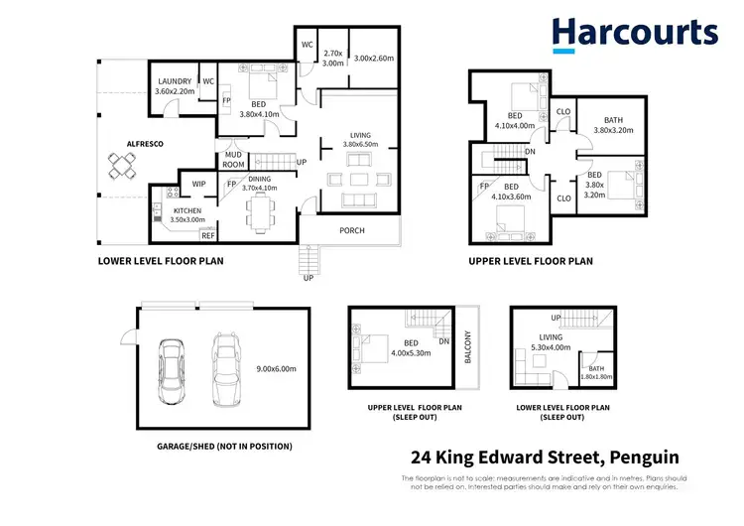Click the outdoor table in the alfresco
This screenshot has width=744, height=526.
pyautogui.click(x=125, y=171)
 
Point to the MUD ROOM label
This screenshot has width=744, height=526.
pyautogui.click(x=234, y=160)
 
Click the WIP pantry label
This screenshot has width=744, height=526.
pyautogui.click(x=198, y=185)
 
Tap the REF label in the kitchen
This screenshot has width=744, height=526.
pyautogui.click(x=208, y=235)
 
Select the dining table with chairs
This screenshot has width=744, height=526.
pyautogui.click(x=263, y=210)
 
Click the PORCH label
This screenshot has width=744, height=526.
pyautogui.click(x=351, y=231)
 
